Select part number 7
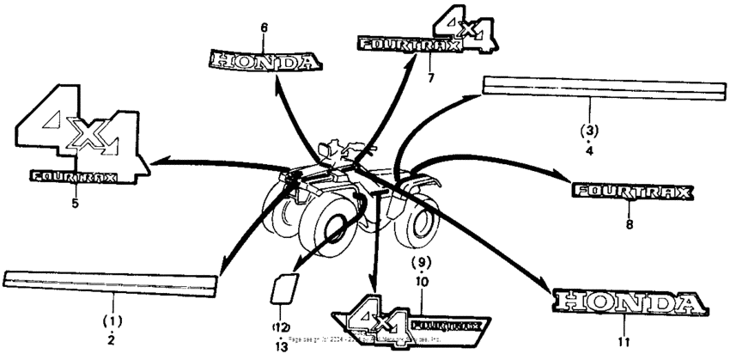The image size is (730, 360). (x=432, y=77)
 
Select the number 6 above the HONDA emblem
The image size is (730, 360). (x=265, y=27)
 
